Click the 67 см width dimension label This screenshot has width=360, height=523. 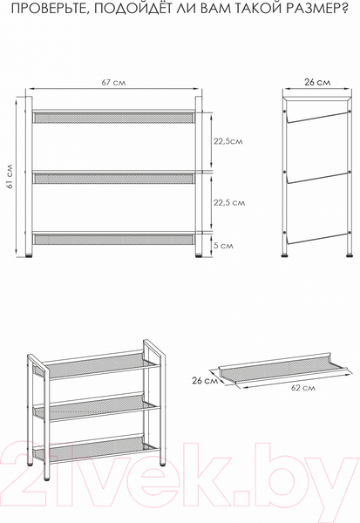coord(113,83)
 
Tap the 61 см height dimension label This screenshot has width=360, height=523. coord(10,176)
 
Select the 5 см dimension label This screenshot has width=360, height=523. coord(223,246)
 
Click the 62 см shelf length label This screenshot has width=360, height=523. coord(303,388)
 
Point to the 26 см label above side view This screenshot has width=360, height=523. coord(317,82)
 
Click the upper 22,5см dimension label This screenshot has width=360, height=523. coord(228,141)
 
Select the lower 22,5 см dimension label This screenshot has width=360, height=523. coord(229,202)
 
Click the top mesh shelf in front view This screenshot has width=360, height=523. coord(113,118)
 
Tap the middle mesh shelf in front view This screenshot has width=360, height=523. coord(113,179)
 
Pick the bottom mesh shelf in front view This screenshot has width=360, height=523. coord(113,239)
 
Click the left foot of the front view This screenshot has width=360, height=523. coord(29,256)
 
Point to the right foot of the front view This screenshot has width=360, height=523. coord(199,256)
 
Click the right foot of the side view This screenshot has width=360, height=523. coord(350,255)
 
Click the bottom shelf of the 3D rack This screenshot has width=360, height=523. coord(97,449)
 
